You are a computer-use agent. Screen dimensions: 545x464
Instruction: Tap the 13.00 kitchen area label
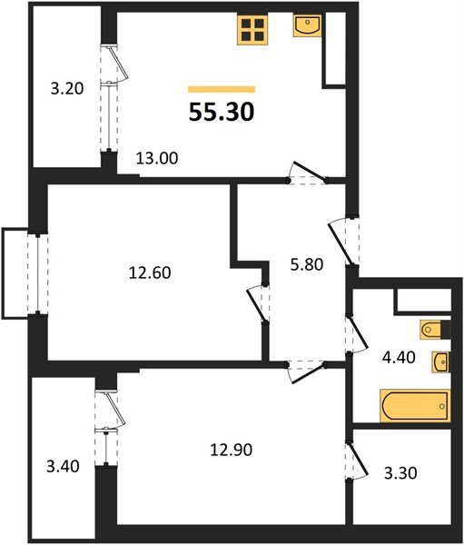[x=156, y=157]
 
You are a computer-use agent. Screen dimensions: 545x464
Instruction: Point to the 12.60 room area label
[x=151, y=271]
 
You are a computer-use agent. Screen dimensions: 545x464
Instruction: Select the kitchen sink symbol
[x=308, y=27]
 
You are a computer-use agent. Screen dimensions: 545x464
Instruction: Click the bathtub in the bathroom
[x=412, y=405]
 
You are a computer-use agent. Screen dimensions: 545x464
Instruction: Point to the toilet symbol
[x=432, y=328]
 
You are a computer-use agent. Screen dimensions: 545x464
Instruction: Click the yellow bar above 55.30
[x=222, y=89]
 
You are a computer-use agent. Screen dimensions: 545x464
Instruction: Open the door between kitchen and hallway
[x=304, y=174]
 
